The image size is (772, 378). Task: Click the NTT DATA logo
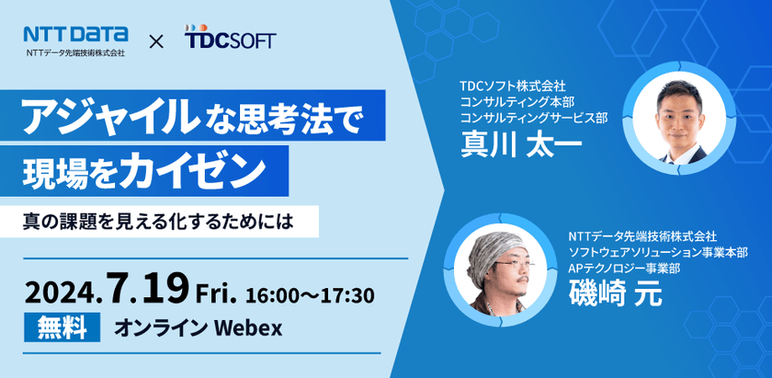click(76, 34)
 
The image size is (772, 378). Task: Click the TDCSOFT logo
click(229, 40)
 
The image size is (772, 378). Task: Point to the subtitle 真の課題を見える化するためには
click(165, 220)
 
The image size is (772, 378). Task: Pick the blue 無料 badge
click(62, 326)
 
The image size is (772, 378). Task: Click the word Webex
click(245, 326)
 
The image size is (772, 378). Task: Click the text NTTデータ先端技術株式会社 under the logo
click(76, 53)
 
